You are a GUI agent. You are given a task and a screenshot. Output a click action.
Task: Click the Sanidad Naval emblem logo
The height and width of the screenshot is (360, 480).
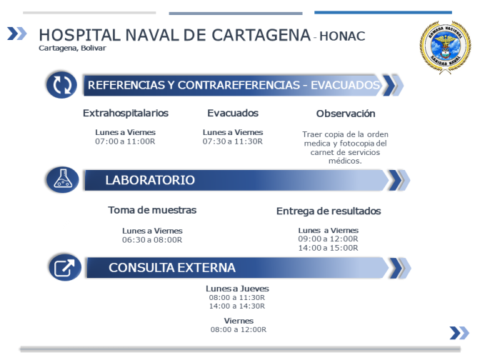tap(445, 47)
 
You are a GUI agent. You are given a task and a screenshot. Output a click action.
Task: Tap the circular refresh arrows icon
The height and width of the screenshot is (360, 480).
tap(62, 85)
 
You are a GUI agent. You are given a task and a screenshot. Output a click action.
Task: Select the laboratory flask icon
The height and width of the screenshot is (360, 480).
tap(63, 180)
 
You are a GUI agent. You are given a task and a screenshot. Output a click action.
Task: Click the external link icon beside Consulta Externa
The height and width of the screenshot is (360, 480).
tap(65, 268)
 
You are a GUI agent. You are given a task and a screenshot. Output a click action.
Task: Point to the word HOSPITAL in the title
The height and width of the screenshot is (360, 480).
tap(80, 35)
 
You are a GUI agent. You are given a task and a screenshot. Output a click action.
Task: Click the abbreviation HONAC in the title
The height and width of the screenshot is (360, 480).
tap(342, 36)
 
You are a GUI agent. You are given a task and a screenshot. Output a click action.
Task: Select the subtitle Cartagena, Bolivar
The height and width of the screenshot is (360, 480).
tap(72, 48)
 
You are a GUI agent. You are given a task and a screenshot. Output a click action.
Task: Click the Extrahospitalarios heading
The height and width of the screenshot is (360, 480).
tap(126, 113)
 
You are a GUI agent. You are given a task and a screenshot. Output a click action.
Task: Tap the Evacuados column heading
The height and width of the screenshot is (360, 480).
tap(233, 113)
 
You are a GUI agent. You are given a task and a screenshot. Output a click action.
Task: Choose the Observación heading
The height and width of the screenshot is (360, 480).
tap(346, 114)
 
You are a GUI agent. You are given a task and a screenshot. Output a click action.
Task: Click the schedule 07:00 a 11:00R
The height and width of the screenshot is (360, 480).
tap(125, 141)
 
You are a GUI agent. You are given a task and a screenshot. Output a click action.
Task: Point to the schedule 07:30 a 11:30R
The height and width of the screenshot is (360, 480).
tap(233, 141)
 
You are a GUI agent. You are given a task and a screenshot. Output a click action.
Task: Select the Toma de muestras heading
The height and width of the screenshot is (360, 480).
tap(152, 210)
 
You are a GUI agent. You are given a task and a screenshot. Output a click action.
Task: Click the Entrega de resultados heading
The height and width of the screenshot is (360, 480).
tap(329, 211)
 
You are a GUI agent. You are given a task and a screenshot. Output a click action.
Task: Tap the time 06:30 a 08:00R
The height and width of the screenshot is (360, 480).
tap(152, 240)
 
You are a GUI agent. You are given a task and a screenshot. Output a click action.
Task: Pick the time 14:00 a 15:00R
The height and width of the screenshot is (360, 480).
tap(328, 248)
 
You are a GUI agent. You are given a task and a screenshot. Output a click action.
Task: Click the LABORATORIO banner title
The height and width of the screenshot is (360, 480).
tap(150, 180)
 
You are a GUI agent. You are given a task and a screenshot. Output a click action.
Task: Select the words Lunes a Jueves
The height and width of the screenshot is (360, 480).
tap(237, 289)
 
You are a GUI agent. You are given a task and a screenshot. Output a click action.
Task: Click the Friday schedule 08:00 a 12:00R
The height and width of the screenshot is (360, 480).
tap(239, 329)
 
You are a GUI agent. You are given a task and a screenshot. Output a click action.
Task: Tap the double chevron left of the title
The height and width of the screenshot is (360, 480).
tap(17, 34)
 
